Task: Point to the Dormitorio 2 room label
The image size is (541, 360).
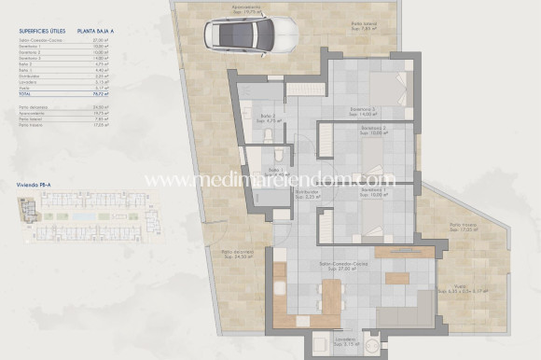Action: (x=372, y=131)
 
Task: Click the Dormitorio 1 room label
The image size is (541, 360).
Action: (x=373, y=193)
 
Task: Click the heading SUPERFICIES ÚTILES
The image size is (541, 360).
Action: (x=40, y=31)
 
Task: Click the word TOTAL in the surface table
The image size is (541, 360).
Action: (x=25, y=95)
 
